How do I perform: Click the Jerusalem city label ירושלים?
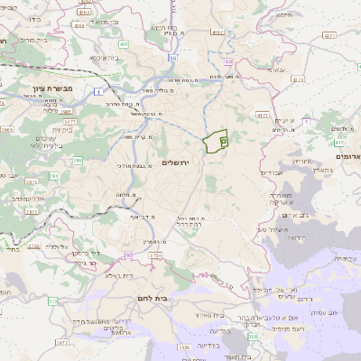178,162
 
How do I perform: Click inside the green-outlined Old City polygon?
215,142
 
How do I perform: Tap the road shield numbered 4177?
262,115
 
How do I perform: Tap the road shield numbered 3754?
155,255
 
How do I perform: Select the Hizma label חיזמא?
285,14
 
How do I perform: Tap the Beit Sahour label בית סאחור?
208,313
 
